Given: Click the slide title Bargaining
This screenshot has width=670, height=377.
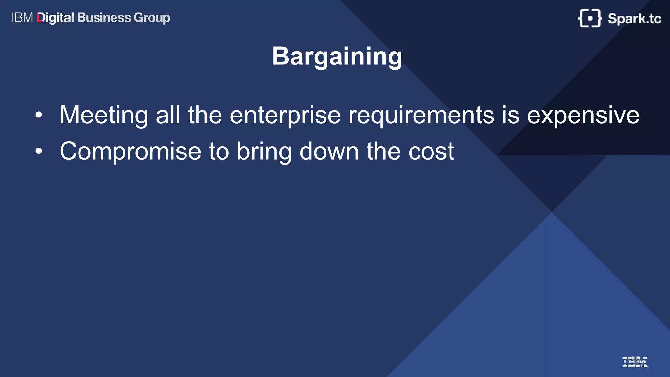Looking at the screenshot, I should click(x=337, y=57).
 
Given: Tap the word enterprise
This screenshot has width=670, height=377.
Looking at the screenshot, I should click(x=285, y=115).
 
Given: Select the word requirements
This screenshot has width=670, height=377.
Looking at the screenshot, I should click(x=421, y=115).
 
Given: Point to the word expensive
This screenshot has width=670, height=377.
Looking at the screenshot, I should click(x=583, y=115).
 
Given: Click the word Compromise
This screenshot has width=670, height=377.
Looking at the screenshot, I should click(x=130, y=152).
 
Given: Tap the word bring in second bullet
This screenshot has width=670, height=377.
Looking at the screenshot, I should click(x=264, y=152).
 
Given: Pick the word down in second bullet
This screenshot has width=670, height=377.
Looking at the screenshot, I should click(x=329, y=152).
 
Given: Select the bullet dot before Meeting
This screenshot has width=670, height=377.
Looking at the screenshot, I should click(x=39, y=115).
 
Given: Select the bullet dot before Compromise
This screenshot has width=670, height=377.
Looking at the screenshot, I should click(x=39, y=151).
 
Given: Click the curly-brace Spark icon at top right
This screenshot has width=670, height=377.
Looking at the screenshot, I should click(x=590, y=18).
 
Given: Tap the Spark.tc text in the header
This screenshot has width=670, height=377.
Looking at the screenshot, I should click(x=634, y=18).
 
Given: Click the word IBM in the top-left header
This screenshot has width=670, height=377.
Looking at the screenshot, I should click(x=22, y=18).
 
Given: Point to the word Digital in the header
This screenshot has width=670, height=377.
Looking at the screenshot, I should click(x=56, y=18).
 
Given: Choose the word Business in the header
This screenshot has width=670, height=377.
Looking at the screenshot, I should click(x=104, y=18).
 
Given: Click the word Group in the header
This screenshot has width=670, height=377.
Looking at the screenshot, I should click(x=152, y=18).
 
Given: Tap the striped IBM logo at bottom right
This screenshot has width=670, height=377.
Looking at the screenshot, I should click(x=635, y=362).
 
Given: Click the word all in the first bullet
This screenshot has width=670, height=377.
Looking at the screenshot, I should click(x=168, y=115).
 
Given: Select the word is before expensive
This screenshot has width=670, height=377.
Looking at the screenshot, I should click(x=510, y=115).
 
